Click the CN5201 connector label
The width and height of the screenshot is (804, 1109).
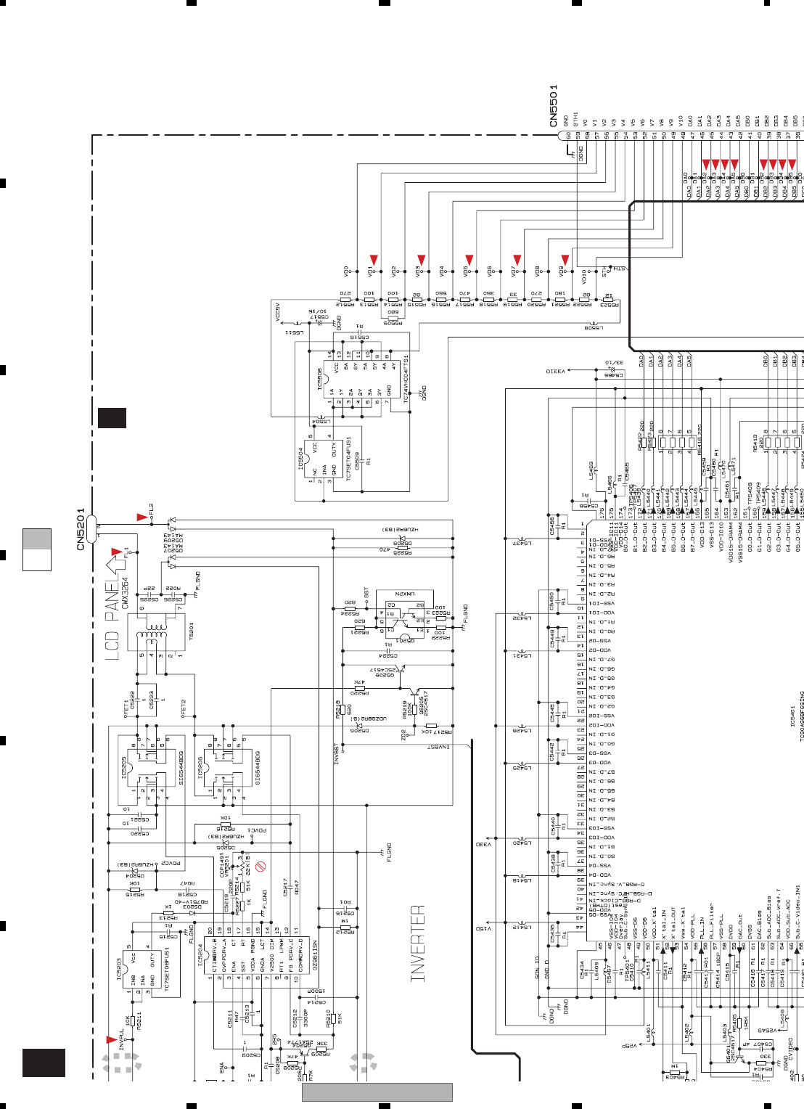pos(81,528)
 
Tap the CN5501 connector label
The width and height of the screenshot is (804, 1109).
pos(554,105)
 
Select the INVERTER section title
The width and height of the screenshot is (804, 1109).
pos(418,944)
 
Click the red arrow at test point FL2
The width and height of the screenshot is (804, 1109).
pos(141,517)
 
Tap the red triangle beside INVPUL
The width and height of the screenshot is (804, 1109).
pos(111,1040)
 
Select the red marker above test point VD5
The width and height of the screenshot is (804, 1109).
pos(469,260)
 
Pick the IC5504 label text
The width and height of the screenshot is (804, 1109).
pos(300,459)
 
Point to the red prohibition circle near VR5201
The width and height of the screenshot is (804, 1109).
pos(261,866)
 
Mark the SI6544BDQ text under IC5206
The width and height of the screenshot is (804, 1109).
pos(258,768)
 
